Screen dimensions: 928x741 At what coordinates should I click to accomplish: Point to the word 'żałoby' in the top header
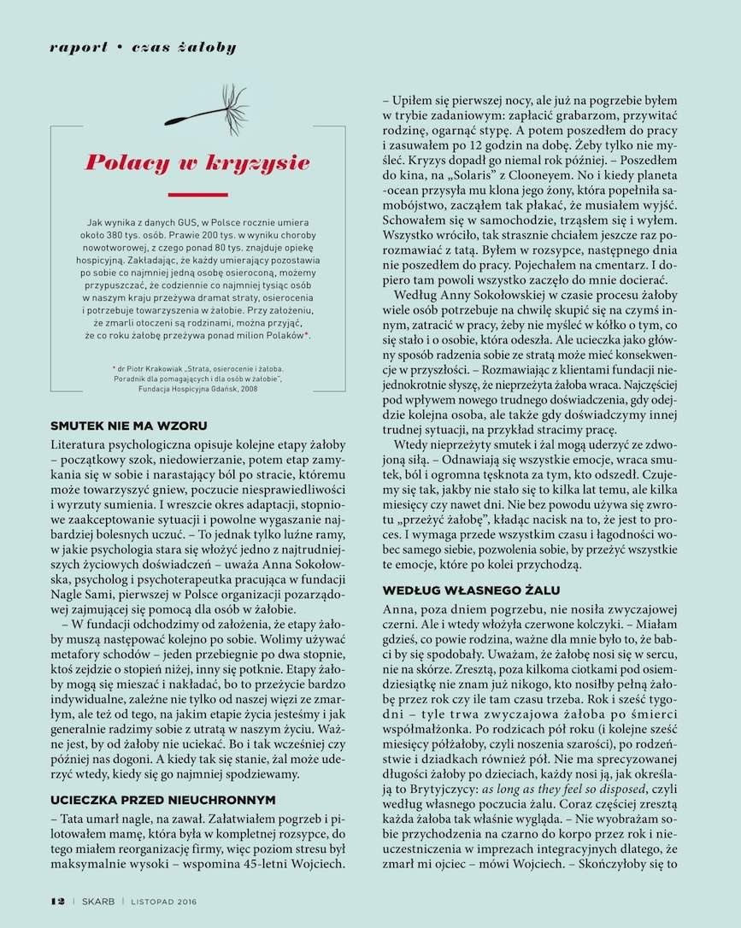click(x=208, y=47)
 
